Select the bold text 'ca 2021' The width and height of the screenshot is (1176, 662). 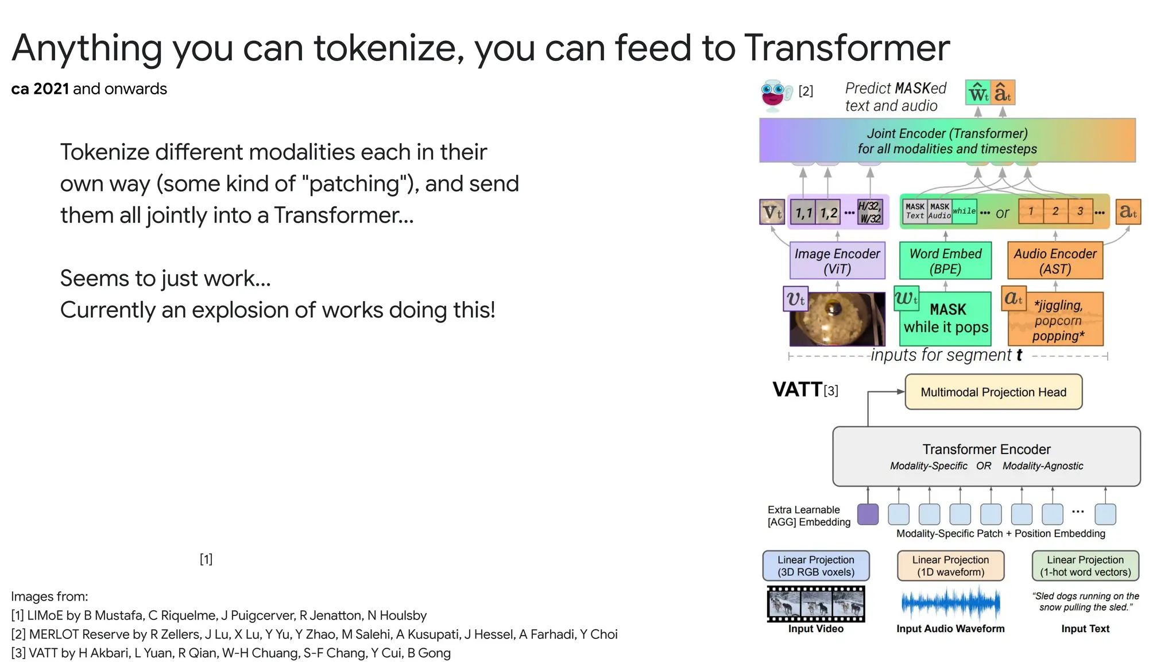pos(40,89)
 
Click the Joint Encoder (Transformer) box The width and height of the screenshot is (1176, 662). pos(947,141)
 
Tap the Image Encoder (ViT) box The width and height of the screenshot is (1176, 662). pos(837,261)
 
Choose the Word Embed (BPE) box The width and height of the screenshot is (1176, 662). pos(945,261)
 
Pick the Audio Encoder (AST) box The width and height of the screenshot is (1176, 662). pos(1055,261)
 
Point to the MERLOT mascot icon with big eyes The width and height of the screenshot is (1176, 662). pos(773,94)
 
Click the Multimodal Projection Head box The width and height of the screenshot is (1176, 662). pos(993,392)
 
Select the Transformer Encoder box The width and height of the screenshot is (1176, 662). pos(986,456)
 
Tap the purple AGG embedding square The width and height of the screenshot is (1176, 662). pos(867,514)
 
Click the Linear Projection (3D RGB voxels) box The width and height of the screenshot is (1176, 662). pos(815,566)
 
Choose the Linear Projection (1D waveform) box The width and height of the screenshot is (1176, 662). pos(950,566)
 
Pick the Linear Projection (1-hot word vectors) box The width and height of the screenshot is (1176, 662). pos(1085,566)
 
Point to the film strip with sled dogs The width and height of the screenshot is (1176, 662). pos(815,604)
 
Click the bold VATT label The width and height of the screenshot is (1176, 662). pos(797,390)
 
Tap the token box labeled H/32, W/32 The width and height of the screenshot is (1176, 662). pos(870,212)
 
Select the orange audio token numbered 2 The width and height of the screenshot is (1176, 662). pos(1055,211)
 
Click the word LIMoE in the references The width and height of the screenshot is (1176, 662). pos(44,615)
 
